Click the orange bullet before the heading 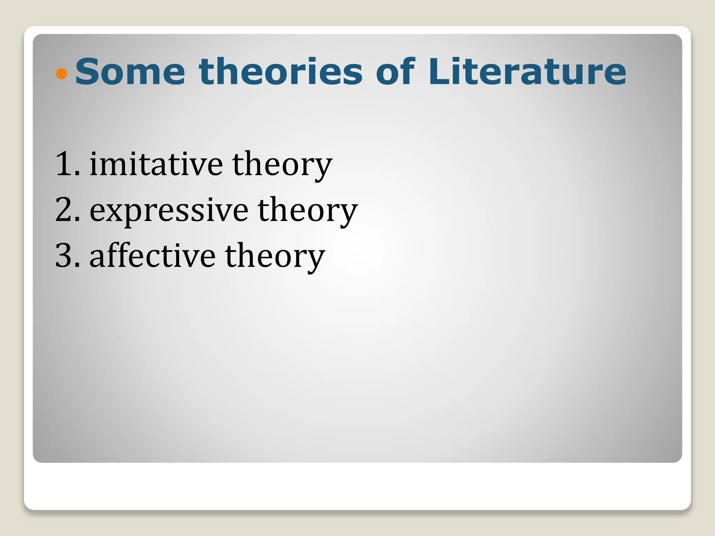61,74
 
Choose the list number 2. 65,209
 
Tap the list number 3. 65,255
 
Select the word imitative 156,164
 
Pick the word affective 153,255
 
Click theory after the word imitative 282,164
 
